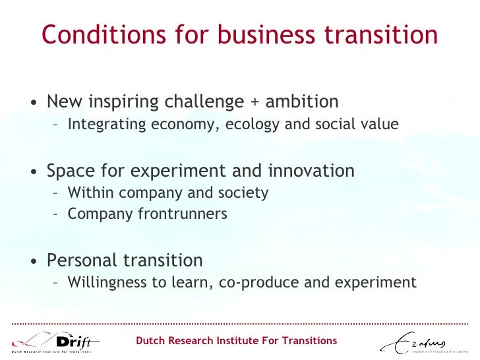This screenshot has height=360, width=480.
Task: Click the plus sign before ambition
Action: point(254,103)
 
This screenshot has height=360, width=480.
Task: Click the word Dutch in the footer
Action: point(151,341)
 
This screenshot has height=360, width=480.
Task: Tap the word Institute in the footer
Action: point(240,341)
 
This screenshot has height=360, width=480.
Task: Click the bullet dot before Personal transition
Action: point(32,262)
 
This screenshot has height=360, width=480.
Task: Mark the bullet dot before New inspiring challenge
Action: point(32,104)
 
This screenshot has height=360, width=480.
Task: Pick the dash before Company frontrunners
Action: point(57,214)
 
